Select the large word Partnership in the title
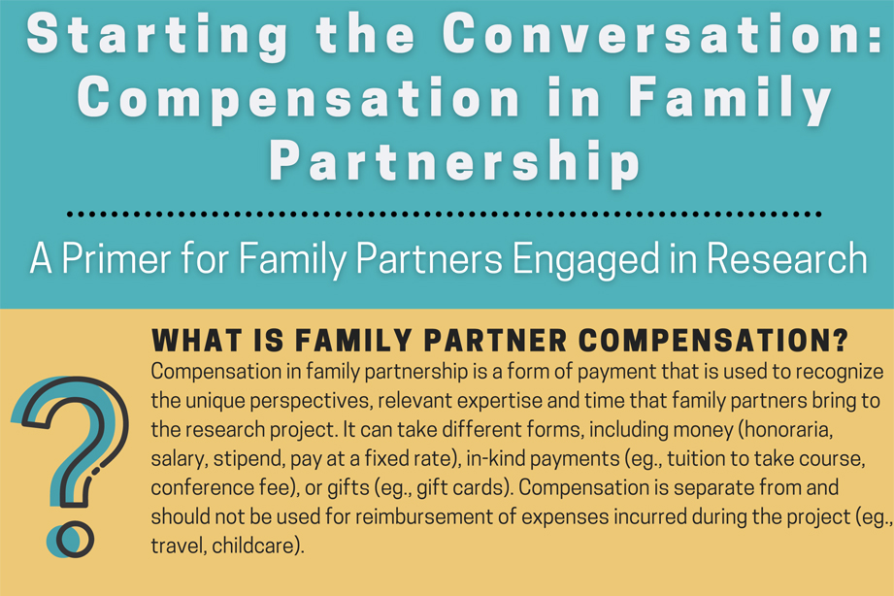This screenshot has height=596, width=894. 454,161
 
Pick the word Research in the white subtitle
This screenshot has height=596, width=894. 784,258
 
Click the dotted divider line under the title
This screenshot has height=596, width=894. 447,213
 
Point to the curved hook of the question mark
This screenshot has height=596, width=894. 73,417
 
